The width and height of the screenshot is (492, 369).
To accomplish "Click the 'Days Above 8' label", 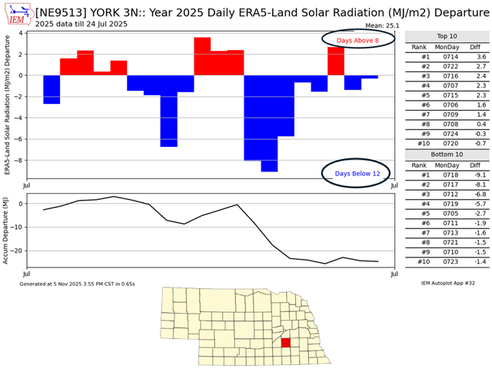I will [357, 39].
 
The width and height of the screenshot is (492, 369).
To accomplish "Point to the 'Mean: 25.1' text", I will [376, 25].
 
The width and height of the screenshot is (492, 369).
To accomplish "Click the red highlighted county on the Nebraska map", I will [285, 342].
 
